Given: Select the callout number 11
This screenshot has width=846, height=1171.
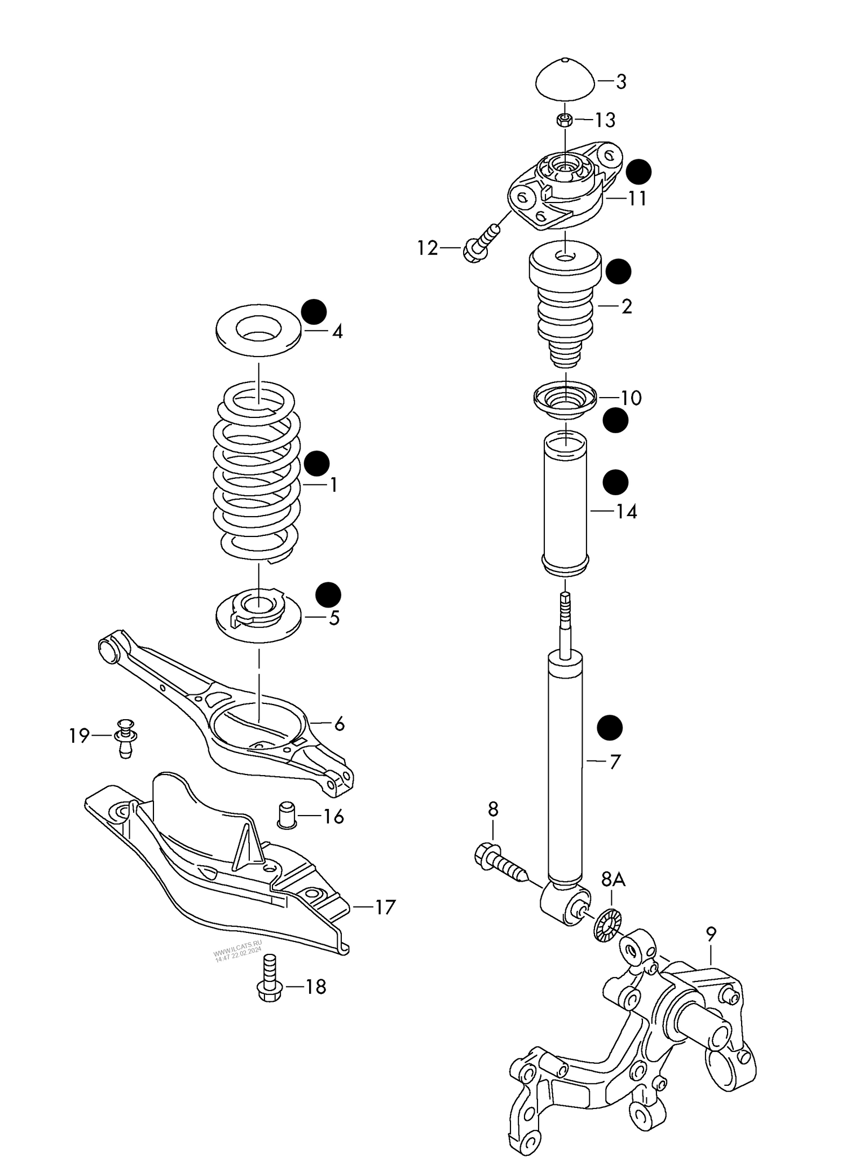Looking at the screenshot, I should (x=637, y=199).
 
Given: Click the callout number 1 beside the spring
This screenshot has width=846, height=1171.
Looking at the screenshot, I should (x=333, y=485).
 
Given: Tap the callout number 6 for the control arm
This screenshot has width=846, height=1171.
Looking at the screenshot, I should (x=339, y=724).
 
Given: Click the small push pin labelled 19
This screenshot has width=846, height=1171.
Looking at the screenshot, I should (x=126, y=737).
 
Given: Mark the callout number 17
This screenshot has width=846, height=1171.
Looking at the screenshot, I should (x=385, y=907).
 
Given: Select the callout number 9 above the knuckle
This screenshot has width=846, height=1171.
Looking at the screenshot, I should (x=711, y=935).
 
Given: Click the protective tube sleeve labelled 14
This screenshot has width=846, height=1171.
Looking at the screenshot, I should (x=565, y=505).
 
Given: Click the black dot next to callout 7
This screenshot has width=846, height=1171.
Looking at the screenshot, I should (x=610, y=728).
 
